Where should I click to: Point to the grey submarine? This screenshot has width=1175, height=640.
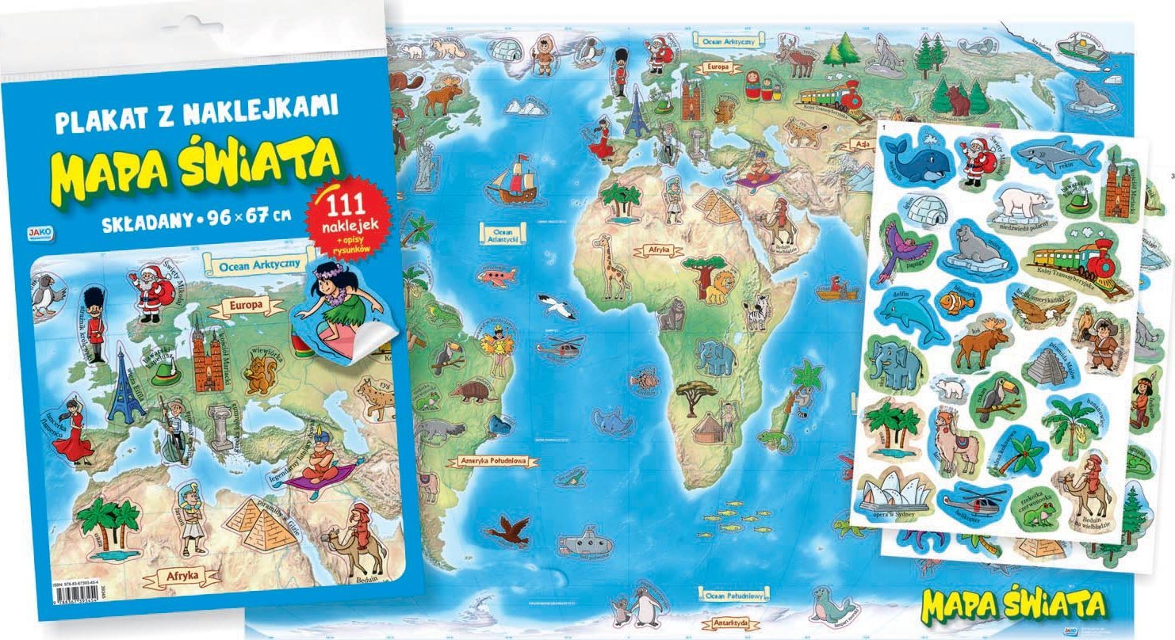585,543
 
